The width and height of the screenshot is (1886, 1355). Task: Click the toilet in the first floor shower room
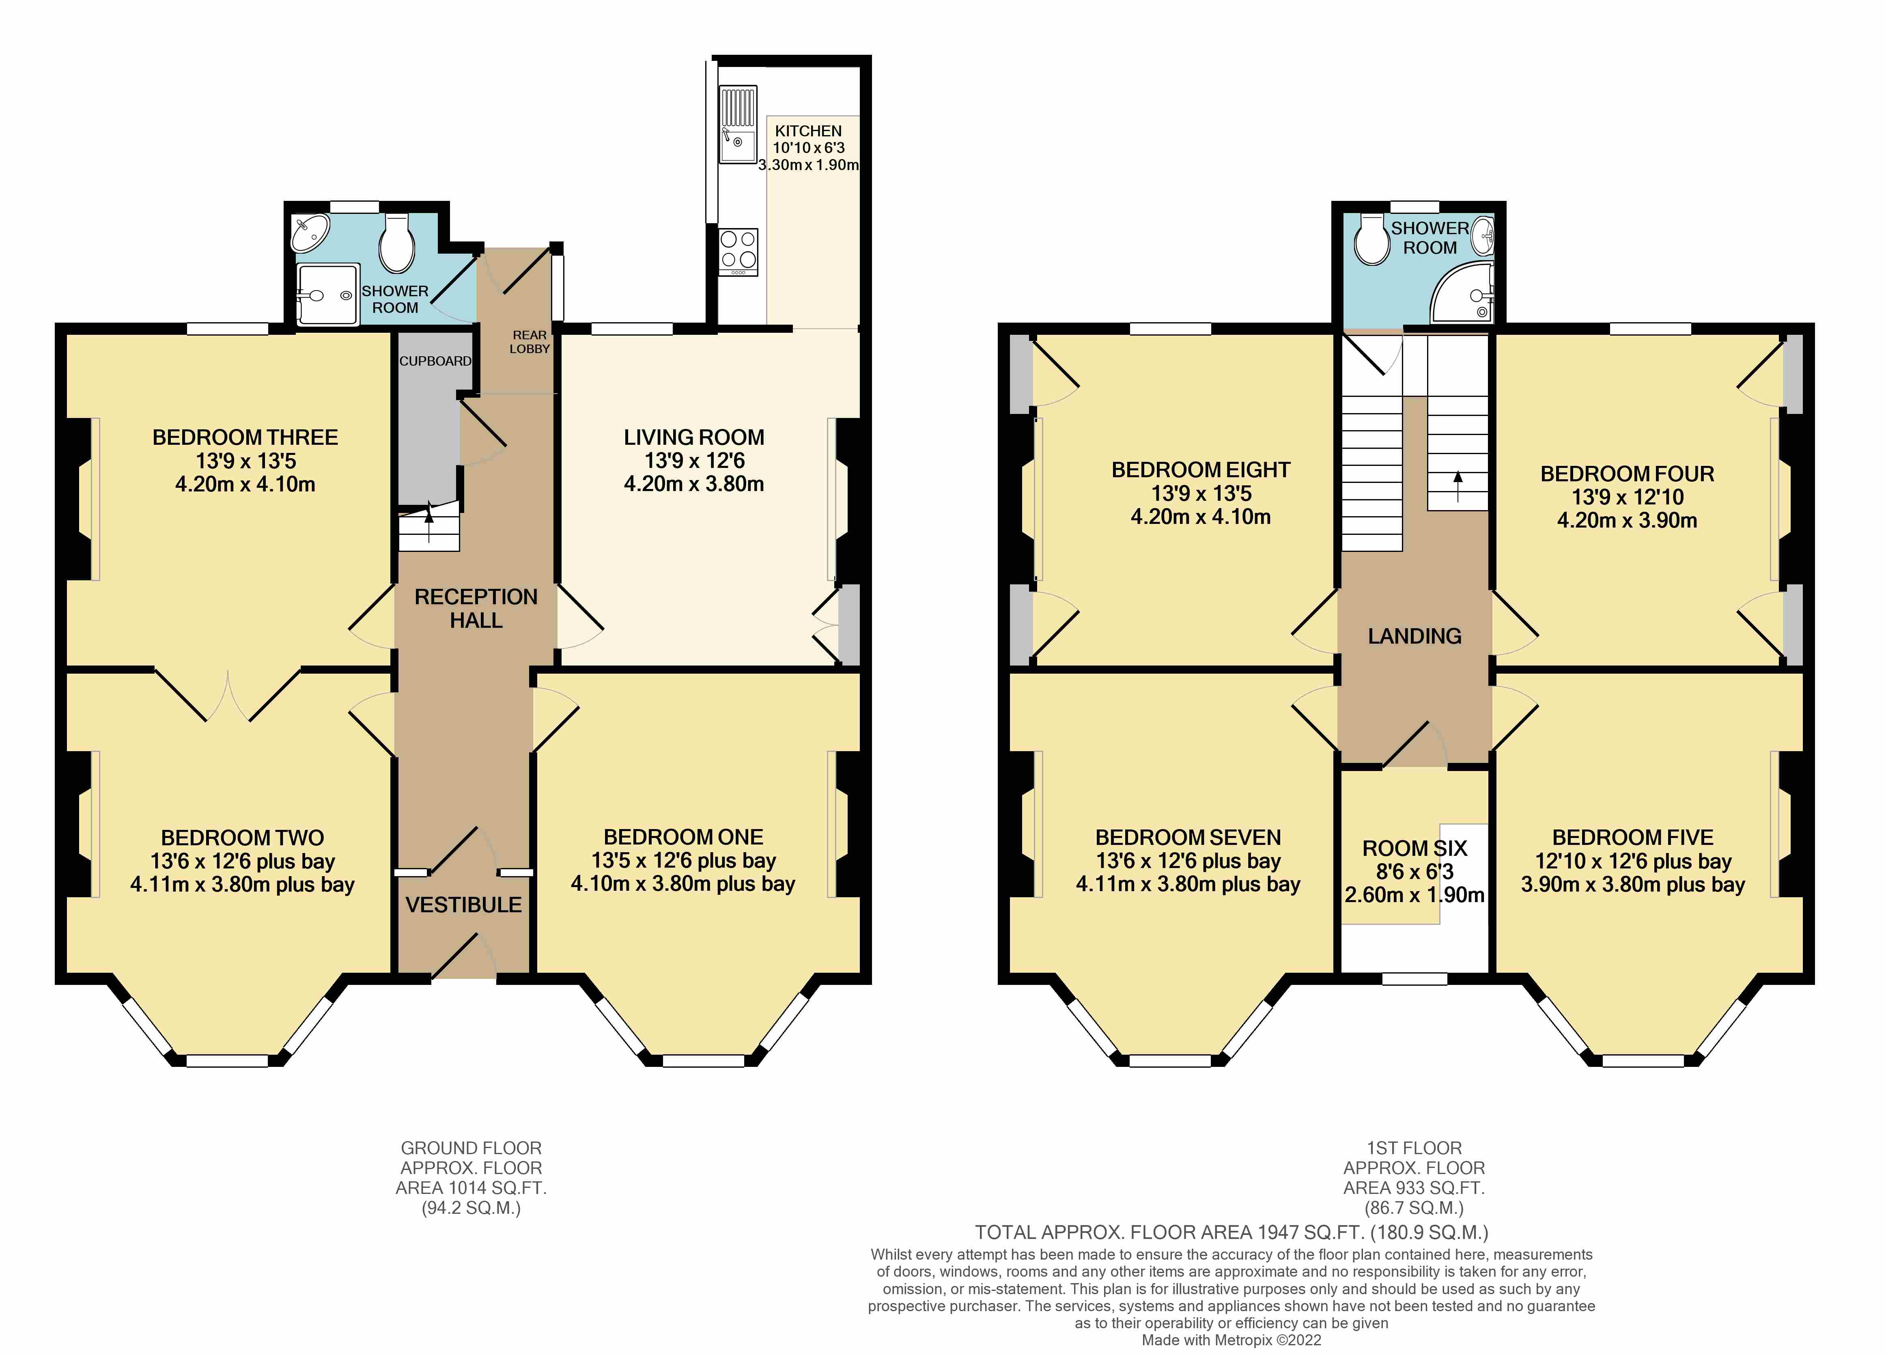tap(1371, 239)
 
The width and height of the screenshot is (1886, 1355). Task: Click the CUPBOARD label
tap(435, 361)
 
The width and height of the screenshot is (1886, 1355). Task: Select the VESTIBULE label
tap(464, 905)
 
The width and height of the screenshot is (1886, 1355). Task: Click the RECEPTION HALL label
tap(476, 608)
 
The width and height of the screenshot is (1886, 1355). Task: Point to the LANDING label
tap(1414, 636)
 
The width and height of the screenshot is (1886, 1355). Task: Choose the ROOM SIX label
tap(1414, 849)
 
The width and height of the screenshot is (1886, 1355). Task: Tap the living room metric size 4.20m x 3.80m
tap(693, 484)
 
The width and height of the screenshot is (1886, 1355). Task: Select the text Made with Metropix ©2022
tap(1231, 1340)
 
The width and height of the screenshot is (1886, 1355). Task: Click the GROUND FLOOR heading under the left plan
tap(471, 1148)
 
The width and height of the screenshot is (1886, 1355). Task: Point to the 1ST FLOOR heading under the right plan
tap(1414, 1148)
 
